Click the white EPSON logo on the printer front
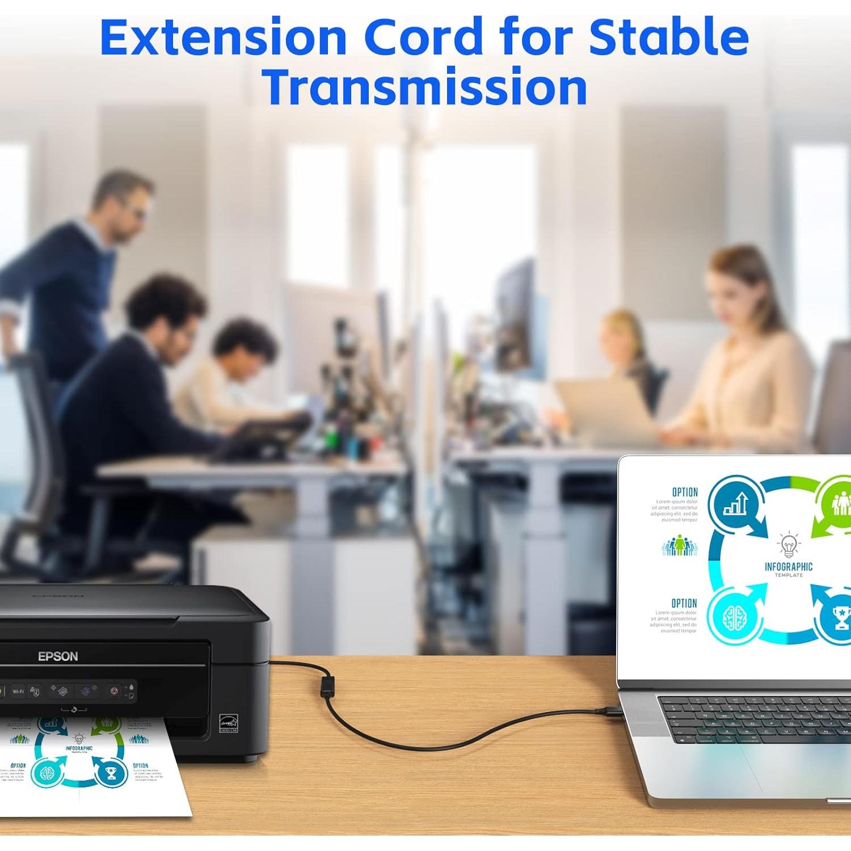[x=58, y=656]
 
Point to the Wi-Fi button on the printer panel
[x=18, y=692]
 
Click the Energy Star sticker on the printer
[x=228, y=723]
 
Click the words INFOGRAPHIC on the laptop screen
[x=789, y=567]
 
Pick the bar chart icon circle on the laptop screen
[x=736, y=503]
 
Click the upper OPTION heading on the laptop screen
[x=685, y=492]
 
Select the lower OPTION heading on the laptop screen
[x=684, y=603]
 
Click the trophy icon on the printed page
[x=111, y=772]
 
